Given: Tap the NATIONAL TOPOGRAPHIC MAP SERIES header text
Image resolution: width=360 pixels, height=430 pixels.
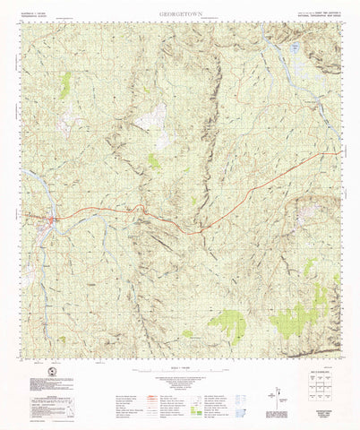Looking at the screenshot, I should [x=314, y=15].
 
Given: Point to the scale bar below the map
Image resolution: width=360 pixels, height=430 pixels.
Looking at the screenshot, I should [x=179, y=365].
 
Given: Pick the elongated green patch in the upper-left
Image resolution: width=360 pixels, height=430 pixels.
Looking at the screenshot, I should [x=65, y=84].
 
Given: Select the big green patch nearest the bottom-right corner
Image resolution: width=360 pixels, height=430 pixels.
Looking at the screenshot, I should [x=291, y=318].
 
